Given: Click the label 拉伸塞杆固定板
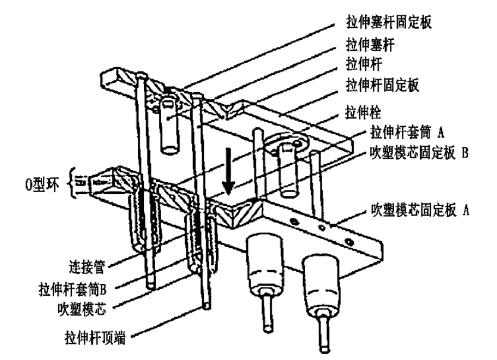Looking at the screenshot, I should tap(397, 23).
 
